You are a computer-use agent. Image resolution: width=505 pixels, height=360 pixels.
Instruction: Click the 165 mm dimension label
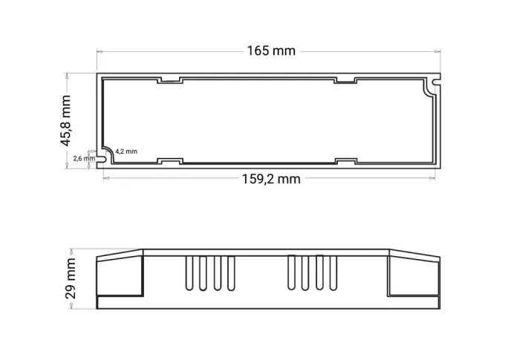click(271, 50)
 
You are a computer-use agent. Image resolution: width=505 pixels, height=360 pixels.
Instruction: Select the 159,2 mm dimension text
click(271, 179)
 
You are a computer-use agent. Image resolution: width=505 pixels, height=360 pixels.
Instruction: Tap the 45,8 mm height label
click(67, 120)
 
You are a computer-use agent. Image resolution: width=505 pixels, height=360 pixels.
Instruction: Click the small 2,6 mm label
click(83, 158)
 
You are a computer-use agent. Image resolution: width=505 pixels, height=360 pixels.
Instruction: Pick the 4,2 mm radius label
click(126, 151)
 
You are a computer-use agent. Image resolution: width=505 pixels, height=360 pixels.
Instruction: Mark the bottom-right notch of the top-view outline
click(345, 160)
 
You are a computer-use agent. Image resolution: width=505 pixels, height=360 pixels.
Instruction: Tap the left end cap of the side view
click(120, 276)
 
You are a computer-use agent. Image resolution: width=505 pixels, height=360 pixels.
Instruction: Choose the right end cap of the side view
click(414, 276)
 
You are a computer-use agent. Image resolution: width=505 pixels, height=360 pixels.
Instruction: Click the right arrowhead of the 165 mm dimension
click(437, 51)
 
